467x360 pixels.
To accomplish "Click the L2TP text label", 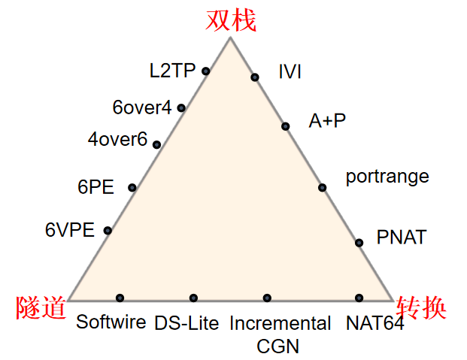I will [x=172, y=71].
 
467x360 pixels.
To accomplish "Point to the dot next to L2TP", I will [x=206, y=71].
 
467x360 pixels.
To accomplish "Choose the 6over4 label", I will [x=142, y=107].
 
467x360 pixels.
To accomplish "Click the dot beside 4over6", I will [x=156, y=144].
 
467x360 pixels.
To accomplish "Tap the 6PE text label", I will [x=96, y=187].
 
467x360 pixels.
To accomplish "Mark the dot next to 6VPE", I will [x=108, y=230].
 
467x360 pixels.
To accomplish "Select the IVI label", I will [x=290, y=72].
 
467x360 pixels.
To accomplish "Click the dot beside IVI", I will [x=255, y=77].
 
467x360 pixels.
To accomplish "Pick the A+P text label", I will [x=328, y=120].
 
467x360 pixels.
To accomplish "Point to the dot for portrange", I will [x=322, y=187].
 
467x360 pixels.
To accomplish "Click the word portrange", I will [x=387, y=177].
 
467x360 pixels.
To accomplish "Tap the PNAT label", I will [x=401, y=238].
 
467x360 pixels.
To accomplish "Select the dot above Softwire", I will [x=120, y=298].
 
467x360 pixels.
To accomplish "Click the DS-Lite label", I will [x=186, y=324].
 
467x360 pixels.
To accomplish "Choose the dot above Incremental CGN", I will [x=267, y=298].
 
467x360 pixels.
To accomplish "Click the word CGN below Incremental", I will [x=279, y=346].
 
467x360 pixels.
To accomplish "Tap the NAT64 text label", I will [x=375, y=324].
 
